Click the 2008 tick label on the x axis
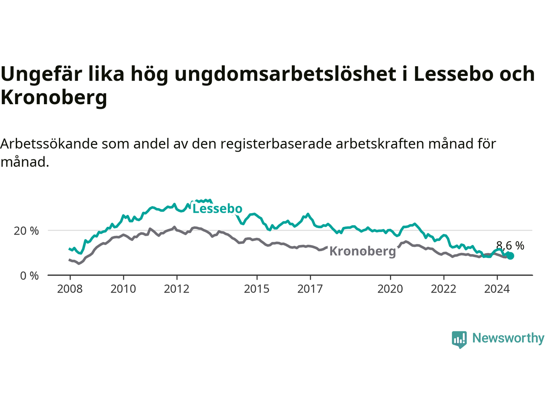pyautogui.click(x=70, y=289)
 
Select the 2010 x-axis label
pyautogui.click(x=123, y=289)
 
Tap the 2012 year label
pyautogui.click(x=177, y=289)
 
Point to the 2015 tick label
pyautogui.click(x=257, y=289)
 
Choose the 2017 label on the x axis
pyautogui.click(x=310, y=289)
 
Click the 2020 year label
pyautogui.click(x=390, y=289)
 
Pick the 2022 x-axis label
pyautogui.click(x=444, y=289)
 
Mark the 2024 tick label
pyautogui.click(x=497, y=289)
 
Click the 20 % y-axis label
pyautogui.click(x=26, y=231)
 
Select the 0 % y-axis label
pyautogui.click(x=29, y=276)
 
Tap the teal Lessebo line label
pyautogui.click(x=217, y=208)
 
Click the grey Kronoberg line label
pyautogui.click(x=363, y=252)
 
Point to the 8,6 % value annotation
pyautogui.click(x=510, y=246)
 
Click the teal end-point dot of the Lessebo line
pyautogui.click(x=510, y=256)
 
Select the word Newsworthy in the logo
pyautogui.click(x=508, y=338)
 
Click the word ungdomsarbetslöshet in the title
pyautogui.click(x=285, y=74)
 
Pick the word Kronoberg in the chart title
pyautogui.click(x=54, y=97)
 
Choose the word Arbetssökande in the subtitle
pyautogui.click(x=49, y=144)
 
